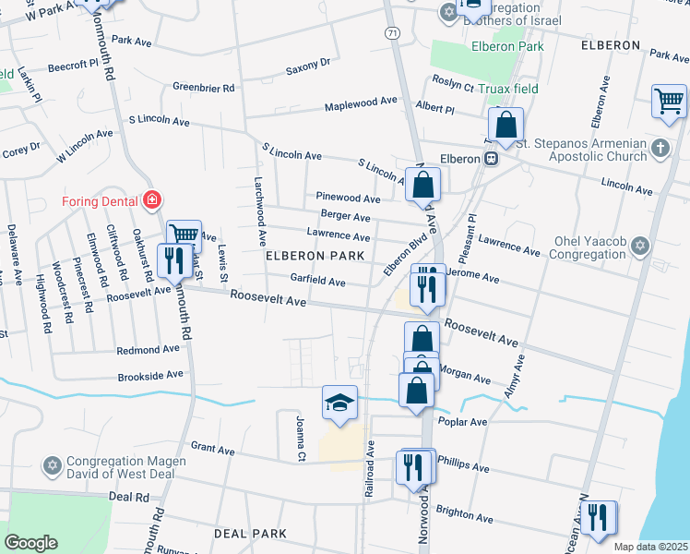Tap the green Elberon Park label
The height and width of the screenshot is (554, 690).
pyautogui.click(x=506, y=46)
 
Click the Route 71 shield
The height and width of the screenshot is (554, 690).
pyautogui.click(x=393, y=32)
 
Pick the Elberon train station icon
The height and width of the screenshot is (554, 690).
pyautogui.click(x=492, y=158)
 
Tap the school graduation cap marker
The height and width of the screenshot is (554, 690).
pyautogui.click(x=339, y=403)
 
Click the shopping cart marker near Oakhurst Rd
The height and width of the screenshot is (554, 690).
pyautogui.click(x=184, y=235)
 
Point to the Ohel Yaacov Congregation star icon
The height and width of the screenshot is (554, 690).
pyautogui.click(x=642, y=247)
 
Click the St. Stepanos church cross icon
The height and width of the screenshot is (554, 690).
pyautogui.click(x=660, y=148)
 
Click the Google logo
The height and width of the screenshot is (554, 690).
pyautogui.click(x=31, y=542)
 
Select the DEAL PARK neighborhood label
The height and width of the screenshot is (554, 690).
pyautogui.click(x=250, y=534)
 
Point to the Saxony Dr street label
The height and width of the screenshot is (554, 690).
pyautogui.click(x=307, y=66)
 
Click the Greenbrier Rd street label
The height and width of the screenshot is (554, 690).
pyautogui.click(x=203, y=88)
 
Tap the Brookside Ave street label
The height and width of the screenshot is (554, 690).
pyautogui.click(x=150, y=377)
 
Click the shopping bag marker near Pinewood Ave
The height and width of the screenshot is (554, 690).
pyautogui.click(x=422, y=184)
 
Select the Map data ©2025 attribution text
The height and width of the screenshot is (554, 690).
pyautogui.click(x=650, y=547)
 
